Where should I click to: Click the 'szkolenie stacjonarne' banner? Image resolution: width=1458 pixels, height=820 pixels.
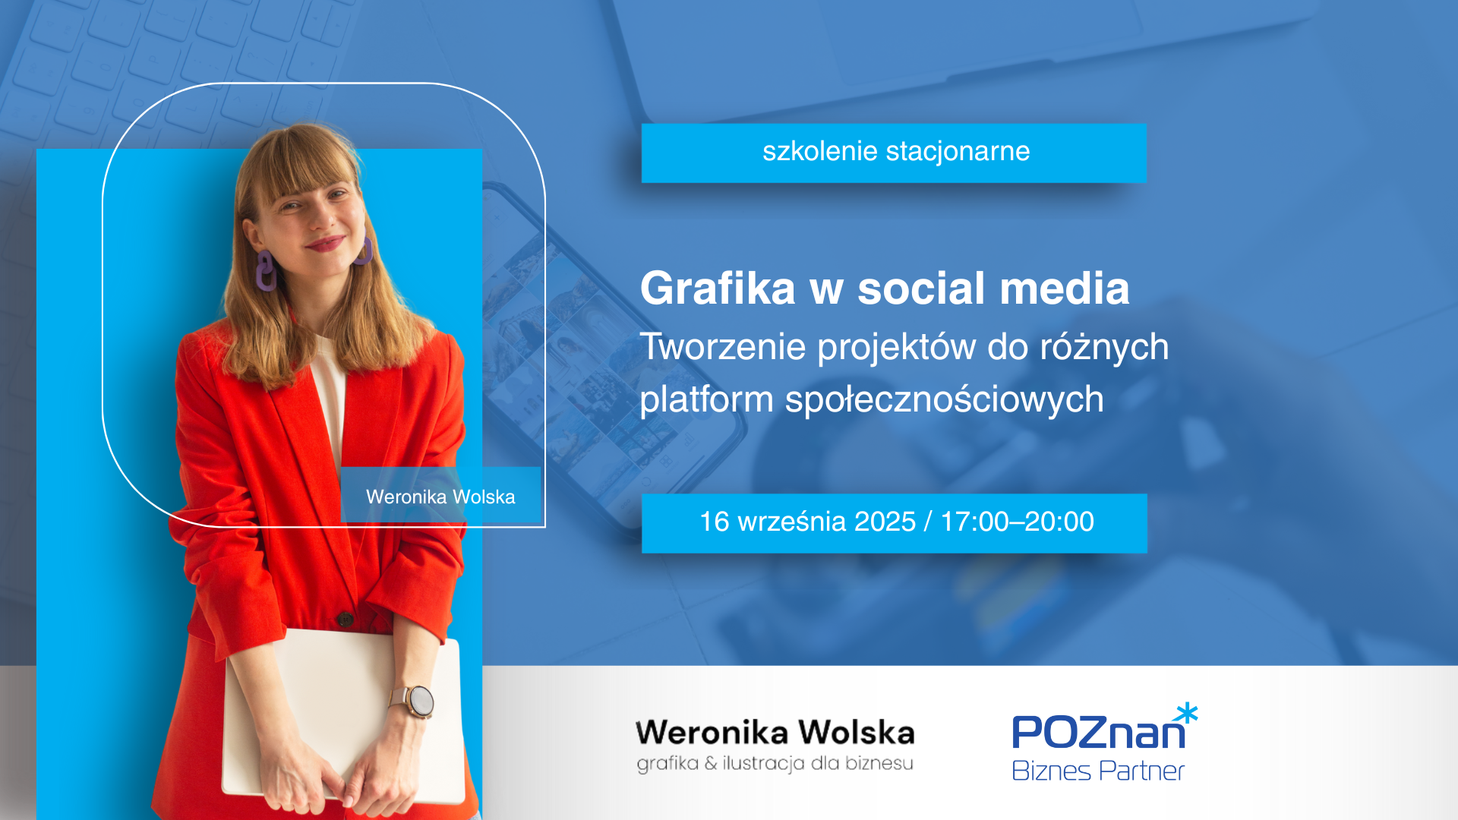pyautogui.click(x=894, y=153)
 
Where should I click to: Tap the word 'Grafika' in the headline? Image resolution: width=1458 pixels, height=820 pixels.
pyautogui.click(x=718, y=289)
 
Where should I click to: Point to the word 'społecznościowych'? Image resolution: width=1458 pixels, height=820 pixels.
pyautogui.click(x=944, y=400)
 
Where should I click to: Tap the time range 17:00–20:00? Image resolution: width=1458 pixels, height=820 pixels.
pyautogui.click(x=1017, y=522)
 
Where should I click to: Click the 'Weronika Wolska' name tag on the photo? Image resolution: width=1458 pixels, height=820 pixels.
pyautogui.click(x=440, y=496)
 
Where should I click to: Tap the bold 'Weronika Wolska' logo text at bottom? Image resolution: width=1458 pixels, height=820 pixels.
pyautogui.click(x=775, y=733)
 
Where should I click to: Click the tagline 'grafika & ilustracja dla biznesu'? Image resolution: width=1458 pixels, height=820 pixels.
pyautogui.click(x=775, y=763)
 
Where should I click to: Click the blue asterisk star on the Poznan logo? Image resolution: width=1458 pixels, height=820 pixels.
pyautogui.click(x=1185, y=714)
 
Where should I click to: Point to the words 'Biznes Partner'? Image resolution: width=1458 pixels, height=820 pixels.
pyautogui.click(x=1098, y=771)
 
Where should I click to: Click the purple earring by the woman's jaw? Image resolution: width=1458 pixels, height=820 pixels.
pyautogui.click(x=266, y=271)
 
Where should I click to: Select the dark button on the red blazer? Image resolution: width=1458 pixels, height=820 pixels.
pyautogui.click(x=346, y=618)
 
